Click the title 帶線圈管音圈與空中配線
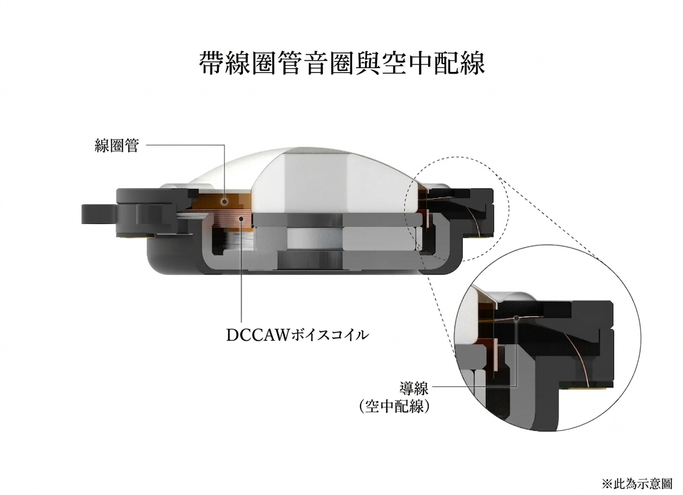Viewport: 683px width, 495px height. [x=342, y=63]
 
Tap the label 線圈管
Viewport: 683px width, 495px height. [x=117, y=145]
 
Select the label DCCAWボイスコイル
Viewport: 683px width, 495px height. [x=297, y=336]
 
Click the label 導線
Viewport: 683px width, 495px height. [x=414, y=388]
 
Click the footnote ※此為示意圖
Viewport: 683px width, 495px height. [x=636, y=483]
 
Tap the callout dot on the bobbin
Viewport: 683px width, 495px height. [x=224, y=201]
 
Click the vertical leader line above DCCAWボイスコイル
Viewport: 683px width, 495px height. [x=242, y=271]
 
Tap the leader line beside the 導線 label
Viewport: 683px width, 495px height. [x=474, y=387]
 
